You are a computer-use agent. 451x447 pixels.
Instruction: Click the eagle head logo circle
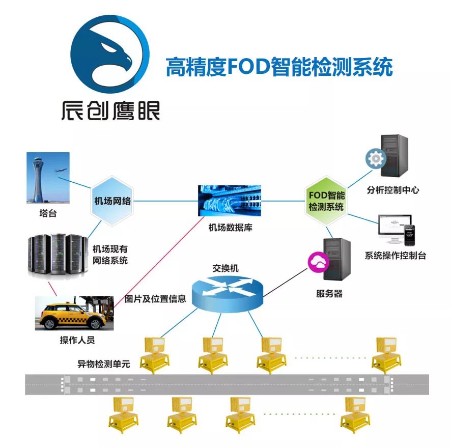coord(110,53)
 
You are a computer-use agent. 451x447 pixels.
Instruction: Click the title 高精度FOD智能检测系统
coord(279,67)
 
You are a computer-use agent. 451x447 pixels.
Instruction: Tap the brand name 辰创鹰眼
coord(110,109)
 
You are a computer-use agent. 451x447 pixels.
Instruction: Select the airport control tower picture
coord(48,179)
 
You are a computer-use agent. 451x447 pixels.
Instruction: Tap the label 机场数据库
coord(231,228)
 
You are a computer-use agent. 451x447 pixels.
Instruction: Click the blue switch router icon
coord(229,294)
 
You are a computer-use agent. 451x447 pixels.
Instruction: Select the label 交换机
coord(225,268)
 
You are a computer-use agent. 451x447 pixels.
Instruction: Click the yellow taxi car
coord(72,315)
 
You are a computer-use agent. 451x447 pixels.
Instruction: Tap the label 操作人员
coord(77,340)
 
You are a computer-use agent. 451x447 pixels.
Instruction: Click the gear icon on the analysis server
coord(376,159)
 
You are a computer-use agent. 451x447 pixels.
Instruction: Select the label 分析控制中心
coord(392,190)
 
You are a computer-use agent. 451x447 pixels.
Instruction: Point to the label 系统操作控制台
coord(395,256)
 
